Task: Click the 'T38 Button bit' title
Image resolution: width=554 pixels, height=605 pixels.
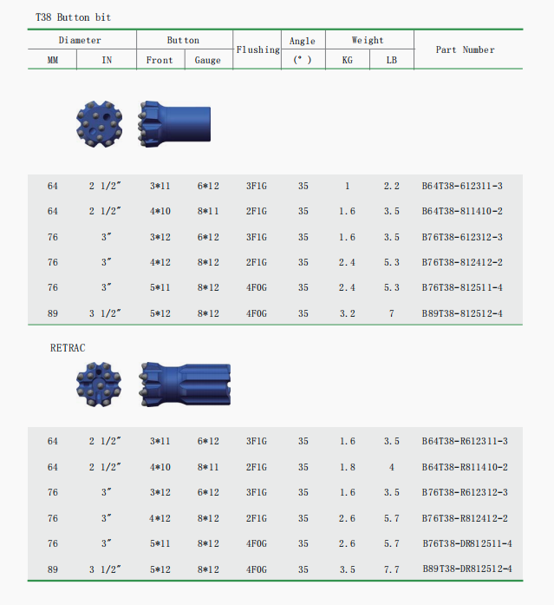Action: click(73, 17)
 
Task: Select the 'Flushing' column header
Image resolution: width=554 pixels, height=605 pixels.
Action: click(258, 49)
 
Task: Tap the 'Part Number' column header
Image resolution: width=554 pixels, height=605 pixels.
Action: click(465, 49)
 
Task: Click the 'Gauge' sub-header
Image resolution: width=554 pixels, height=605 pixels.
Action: click(208, 60)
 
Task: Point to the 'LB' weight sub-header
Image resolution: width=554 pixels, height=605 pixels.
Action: click(391, 60)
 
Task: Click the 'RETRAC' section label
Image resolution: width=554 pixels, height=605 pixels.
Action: click(68, 347)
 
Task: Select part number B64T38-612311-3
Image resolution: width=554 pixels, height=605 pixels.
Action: click(462, 187)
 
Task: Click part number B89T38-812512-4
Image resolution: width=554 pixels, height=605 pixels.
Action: click(462, 313)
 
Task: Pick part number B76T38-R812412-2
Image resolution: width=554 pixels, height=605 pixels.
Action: click(465, 518)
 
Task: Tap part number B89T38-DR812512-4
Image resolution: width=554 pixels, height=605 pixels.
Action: click(467, 569)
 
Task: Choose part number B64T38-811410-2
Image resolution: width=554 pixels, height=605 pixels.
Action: click(462, 212)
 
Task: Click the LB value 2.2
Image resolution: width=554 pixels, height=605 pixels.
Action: click(391, 187)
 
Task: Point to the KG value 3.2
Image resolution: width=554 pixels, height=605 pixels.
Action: click(348, 313)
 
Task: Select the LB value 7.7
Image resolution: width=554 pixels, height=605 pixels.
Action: click(391, 569)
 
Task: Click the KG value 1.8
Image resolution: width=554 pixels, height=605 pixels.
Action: click(348, 467)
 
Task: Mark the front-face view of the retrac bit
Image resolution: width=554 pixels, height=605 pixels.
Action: click(100, 383)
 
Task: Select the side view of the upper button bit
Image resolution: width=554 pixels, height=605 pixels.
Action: click(174, 122)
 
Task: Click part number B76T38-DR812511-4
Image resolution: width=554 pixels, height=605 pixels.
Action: click(467, 543)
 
